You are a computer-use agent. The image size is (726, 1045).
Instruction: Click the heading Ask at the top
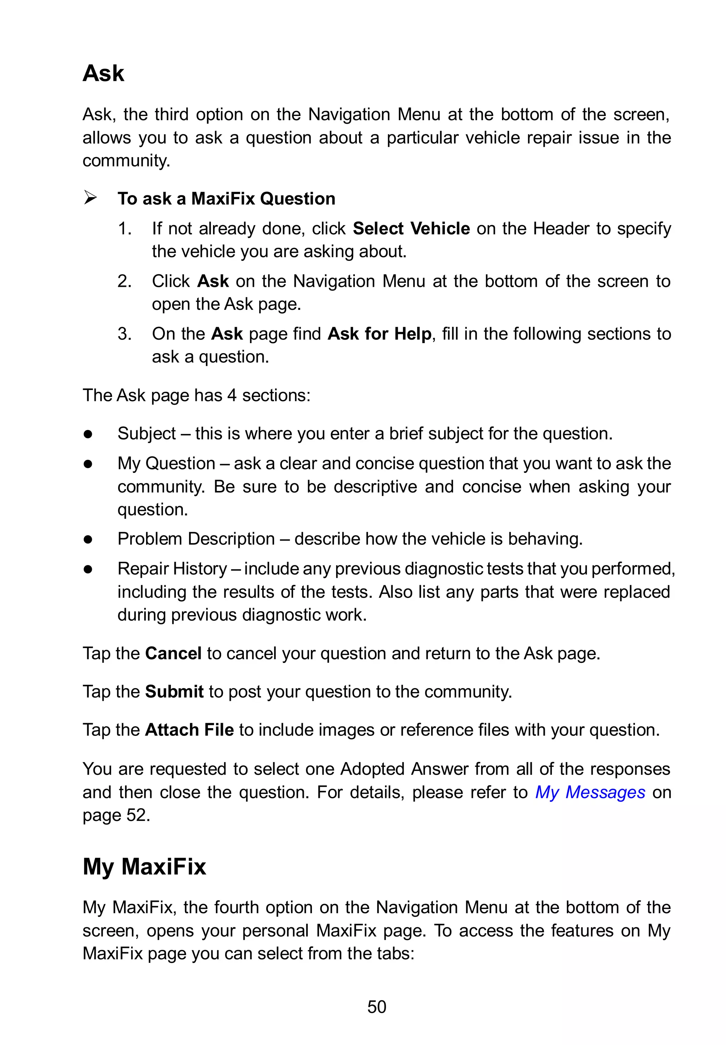coord(103,73)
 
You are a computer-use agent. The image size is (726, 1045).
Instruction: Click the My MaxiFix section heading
coord(144,866)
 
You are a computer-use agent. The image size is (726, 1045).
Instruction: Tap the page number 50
coord(376,1007)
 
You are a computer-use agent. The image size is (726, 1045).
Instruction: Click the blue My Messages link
coord(590,793)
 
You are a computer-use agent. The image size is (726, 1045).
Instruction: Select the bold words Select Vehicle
coord(411,228)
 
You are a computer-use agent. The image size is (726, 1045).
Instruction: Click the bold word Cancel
coord(173,653)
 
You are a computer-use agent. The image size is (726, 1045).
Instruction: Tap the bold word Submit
coord(174,692)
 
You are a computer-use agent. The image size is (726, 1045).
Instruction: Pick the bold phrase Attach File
coord(189,730)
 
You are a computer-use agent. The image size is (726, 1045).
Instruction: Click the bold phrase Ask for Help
coord(379,334)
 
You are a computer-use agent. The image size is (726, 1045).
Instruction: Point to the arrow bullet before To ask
coord(90,198)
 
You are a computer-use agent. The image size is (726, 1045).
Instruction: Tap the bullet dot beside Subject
coord(88,434)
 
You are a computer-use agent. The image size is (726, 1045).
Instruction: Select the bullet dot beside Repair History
coord(88,569)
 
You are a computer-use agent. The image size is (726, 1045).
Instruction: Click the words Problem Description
coord(196,539)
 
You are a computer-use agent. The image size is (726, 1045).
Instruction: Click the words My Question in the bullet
coord(166,463)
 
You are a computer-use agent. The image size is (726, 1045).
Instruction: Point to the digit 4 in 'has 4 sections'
coord(231,395)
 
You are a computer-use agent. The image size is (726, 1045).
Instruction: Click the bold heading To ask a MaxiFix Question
coord(226,199)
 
